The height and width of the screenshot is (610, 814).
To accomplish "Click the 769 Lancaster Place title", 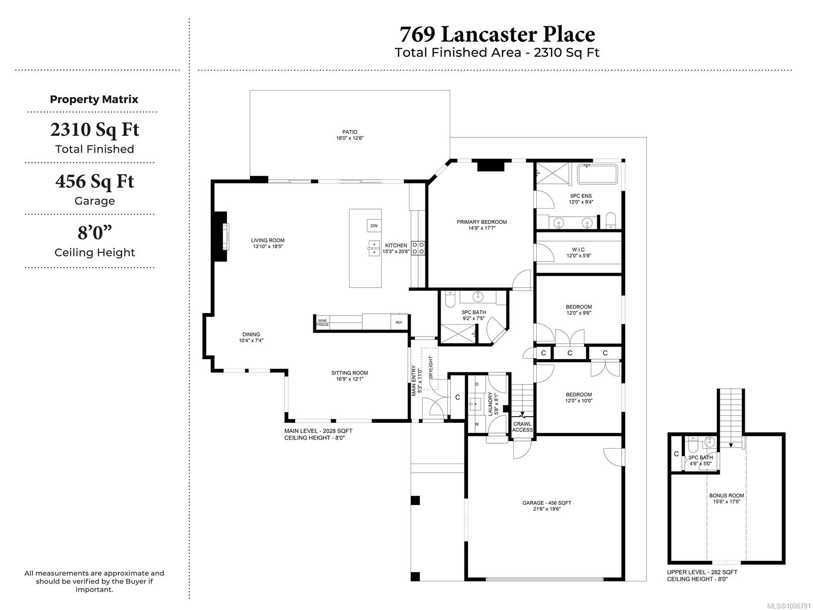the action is tap(497, 35).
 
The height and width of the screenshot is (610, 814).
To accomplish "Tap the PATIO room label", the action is tap(350, 132).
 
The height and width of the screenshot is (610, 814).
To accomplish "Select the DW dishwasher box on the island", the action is tap(374, 225).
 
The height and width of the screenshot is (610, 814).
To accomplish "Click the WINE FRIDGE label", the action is tap(322, 323).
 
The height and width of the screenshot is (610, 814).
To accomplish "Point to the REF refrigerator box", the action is tap(399, 322).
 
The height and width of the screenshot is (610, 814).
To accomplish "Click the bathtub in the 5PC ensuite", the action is tap(597, 174).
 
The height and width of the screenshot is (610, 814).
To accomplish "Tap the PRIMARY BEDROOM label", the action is tap(482, 222).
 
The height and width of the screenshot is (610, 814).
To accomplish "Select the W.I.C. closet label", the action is tap(578, 250).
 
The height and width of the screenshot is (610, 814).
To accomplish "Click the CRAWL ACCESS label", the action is tap(522, 427).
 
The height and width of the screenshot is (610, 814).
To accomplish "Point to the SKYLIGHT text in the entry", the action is tap(430, 367).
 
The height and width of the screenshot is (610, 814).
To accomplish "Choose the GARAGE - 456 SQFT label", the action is tap(546, 503).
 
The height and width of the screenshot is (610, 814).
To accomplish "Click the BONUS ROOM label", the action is tap(726, 496).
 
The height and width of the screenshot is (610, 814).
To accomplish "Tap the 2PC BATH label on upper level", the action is tap(701, 457).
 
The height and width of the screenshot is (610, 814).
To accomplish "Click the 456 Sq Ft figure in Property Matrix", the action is tap(95, 181).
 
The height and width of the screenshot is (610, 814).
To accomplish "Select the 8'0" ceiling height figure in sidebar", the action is tap(95, 233).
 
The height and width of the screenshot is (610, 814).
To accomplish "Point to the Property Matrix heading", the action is tap(94, 99).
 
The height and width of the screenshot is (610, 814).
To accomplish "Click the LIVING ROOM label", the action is tap(268, 240).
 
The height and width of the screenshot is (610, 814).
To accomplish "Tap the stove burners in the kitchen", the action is tap(418, 248).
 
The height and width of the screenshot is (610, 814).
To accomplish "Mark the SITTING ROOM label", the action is tap(350, 373).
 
